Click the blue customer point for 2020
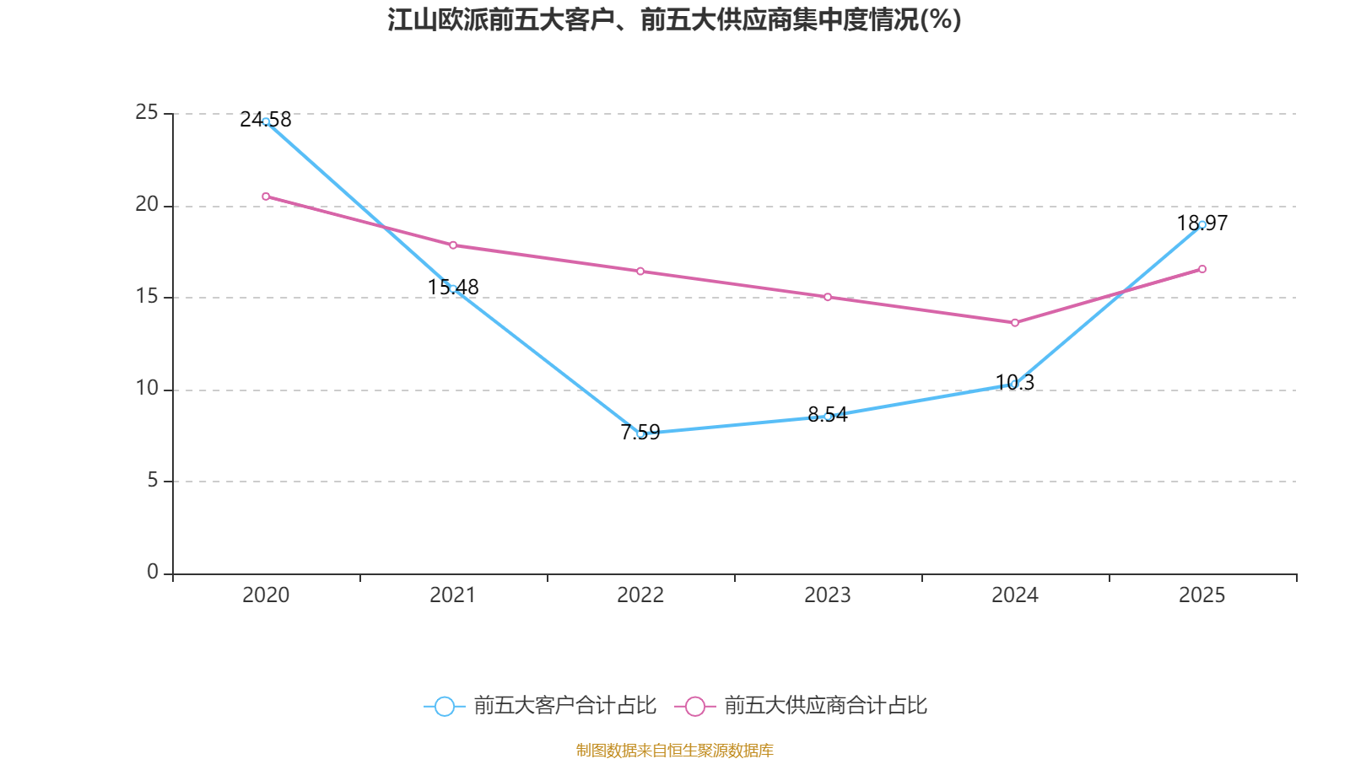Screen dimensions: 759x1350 pos(266,121)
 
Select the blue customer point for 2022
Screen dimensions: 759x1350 pos(640,433)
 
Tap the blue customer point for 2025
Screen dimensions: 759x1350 pos(1202,224)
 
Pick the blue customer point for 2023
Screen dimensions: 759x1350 pos(828,417)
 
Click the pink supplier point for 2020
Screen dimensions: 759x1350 pos(266,196)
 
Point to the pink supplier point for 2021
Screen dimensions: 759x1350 pos(453,245)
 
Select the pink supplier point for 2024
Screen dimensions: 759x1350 pos(1015,322)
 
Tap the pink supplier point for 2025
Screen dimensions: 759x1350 pos(1202,269)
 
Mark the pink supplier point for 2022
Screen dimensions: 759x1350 pos(640,271)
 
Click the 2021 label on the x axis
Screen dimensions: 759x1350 pos(453,595)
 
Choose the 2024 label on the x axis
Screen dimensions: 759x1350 pos(1015,595)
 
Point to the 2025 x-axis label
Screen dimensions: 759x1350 pos(1202,595)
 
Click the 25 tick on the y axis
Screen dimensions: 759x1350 pos(147,113)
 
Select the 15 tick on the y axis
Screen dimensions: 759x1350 pos(147,297)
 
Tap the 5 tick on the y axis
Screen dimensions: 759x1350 pos(153,481)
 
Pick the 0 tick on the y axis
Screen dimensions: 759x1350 pos(153,573)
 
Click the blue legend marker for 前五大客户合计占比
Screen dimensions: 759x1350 pos(444,706)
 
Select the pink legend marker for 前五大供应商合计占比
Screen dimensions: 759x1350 pos(695,706)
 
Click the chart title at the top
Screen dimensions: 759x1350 pos(675,19)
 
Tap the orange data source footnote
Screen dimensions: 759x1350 pos(675,750)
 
